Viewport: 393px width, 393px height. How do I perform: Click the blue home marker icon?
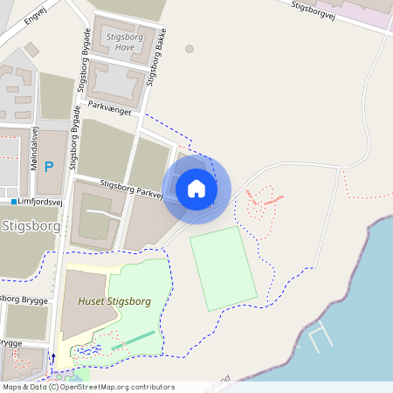(196, 188)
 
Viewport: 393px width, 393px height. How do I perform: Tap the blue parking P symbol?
(49, 166)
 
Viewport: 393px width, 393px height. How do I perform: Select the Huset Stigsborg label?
(114, 301)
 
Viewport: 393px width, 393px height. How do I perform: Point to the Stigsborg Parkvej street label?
(132, 190)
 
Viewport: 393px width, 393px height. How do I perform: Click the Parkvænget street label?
(109, 113)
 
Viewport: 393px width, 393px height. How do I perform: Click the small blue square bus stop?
(15, 202)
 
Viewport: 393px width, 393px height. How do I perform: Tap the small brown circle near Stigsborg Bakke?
(190, 49)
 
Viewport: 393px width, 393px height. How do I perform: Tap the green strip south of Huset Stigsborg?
(133, 341)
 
